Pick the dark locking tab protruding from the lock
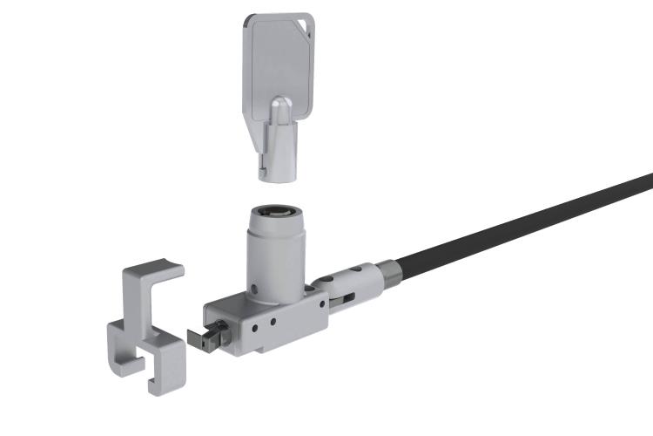[x=206, y=337]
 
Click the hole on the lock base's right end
[x=322, y=304]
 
